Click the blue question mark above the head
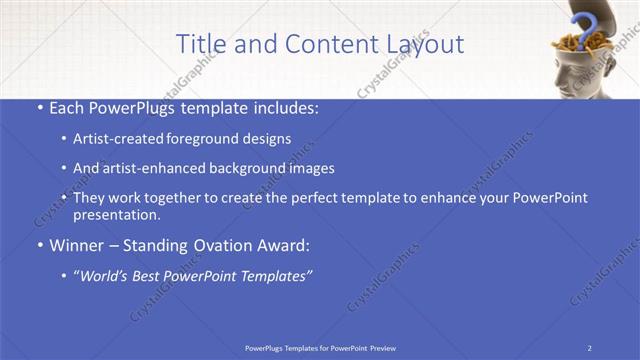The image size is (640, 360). [583, 24]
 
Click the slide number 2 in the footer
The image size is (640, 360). [590, 347]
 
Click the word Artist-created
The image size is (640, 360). [110, 139]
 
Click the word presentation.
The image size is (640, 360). [117, 214]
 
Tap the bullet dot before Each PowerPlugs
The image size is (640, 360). [38, 107]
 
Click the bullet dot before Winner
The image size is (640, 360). [38, 245]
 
